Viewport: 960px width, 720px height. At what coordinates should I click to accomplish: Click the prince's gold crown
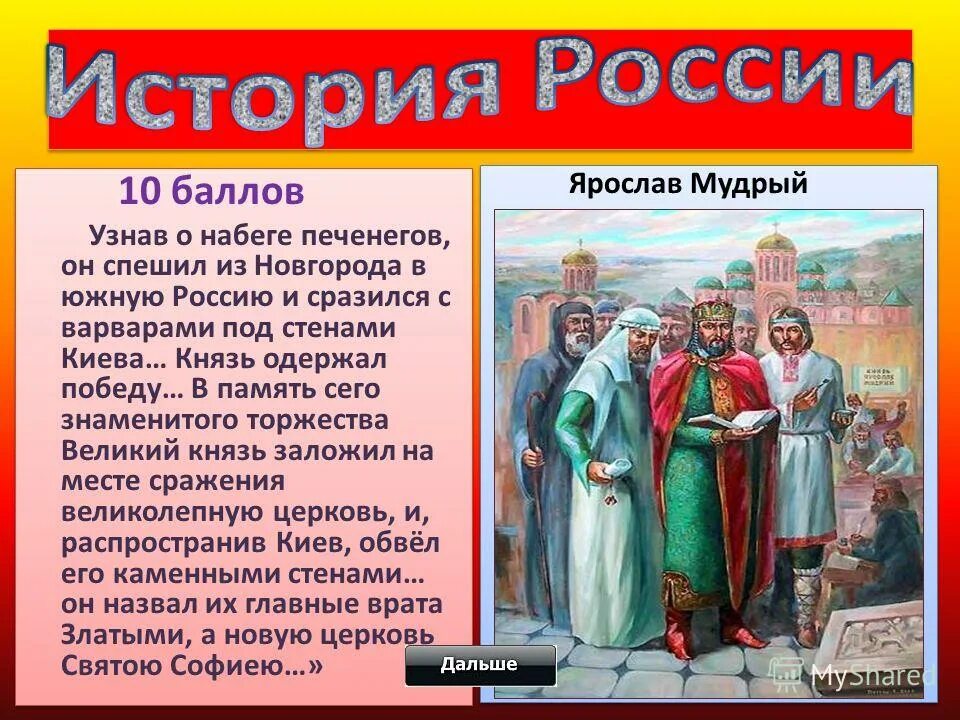coord(713,310)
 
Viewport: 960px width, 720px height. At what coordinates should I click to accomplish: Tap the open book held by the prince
coord(730,420)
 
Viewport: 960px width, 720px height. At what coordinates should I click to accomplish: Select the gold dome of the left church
coord(579,257)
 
